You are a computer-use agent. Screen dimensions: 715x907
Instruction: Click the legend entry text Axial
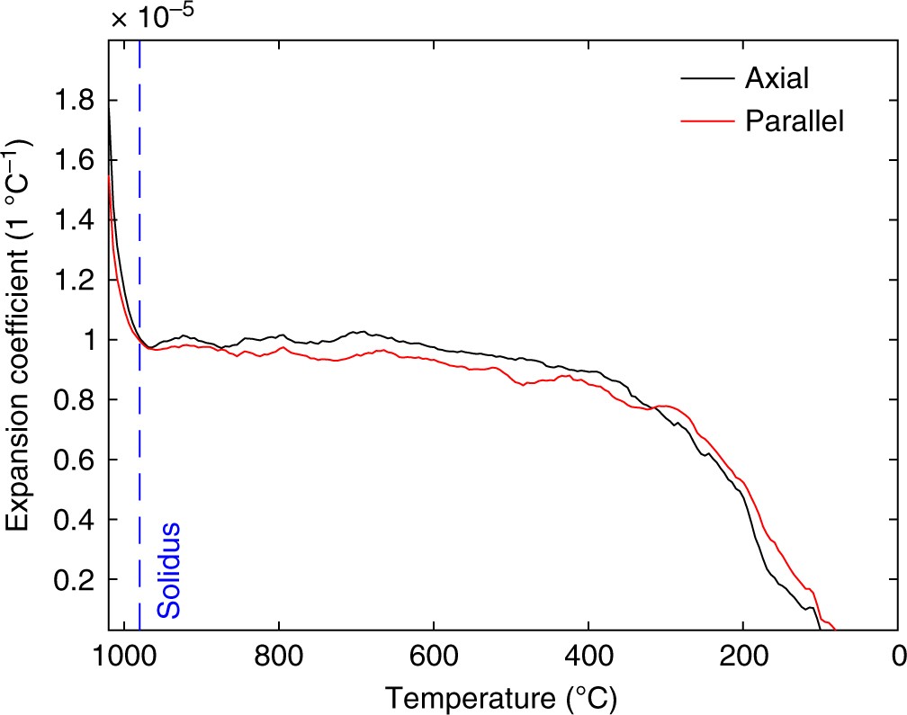777,79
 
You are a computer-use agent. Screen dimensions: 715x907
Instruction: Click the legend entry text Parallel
795,121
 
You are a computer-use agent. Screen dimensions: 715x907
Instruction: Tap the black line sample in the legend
705,79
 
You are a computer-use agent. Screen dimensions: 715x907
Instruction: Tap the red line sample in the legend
705,121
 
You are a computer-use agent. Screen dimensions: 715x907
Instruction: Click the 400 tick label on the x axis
588,654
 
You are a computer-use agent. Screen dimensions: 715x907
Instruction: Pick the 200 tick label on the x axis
743,654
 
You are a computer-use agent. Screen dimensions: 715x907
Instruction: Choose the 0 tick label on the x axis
896,654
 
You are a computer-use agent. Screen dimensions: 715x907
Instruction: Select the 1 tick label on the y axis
87,340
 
